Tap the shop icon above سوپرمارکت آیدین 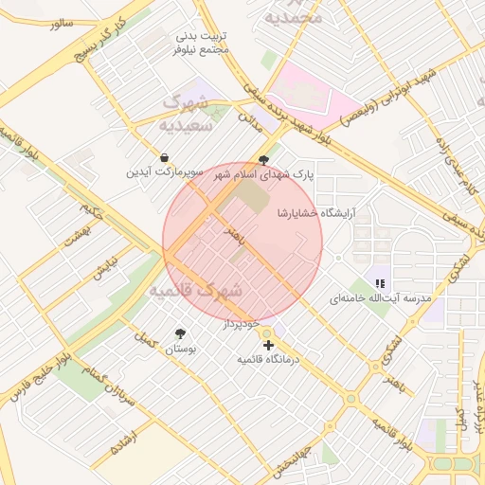coord(165,157)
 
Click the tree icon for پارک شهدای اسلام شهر coord(263,160)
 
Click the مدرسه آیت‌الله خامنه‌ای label coord(380,298)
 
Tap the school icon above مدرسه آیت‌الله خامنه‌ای coord(380,283)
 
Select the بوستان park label coord(179,350)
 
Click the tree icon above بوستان coord(180,333)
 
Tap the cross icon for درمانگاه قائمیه coord(269,345)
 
